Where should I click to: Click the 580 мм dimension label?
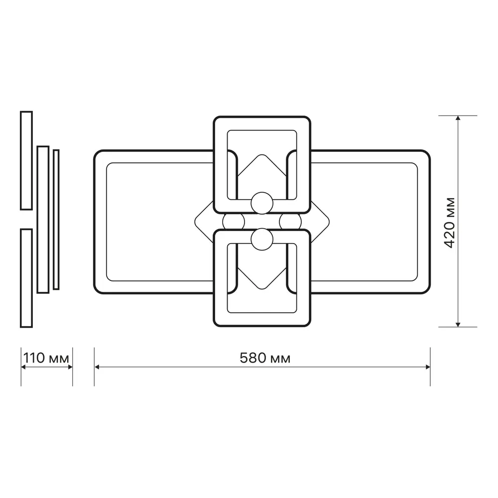pyautogui.click(x=265, y=358)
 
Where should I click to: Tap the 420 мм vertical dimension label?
pyautogui.click(x=450, y=223)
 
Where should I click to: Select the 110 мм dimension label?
pyautogui.click(x=46, y=358)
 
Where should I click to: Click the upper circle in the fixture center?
pyautogui.click(x=262, y=203)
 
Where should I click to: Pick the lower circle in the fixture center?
pyautogui.click(x=262, y=239)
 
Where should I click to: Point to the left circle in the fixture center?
pyautogui.click(x=234, y=222)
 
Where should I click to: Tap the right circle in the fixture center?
pyautogui.click(x=290, y=222)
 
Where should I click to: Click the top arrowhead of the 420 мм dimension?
pyautogui.click(x=458, y=118)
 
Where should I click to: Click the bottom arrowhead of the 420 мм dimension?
pyautogui.click(x=458, y=324)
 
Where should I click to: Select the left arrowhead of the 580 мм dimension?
pyautogui.click(x=97, y=367)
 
